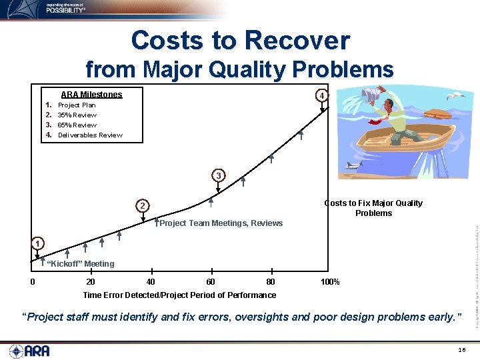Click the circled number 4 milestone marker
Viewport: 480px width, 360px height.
(321, 95)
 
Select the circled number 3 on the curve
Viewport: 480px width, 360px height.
(218, 175)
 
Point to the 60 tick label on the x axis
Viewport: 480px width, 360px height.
(211, 282)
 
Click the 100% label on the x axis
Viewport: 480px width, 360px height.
(330, 282)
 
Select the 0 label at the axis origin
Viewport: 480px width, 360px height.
(33, 282)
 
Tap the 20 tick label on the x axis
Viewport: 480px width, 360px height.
(91, 282)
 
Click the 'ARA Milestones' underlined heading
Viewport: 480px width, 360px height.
(91, 95)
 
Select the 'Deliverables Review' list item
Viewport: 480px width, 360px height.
(90, 135)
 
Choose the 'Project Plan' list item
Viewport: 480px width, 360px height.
(77, 105)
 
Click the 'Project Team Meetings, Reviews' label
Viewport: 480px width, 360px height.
(221, 223)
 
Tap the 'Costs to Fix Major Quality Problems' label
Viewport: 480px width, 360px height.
(373, 208)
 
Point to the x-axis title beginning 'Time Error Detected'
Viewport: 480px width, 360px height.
(179, 295)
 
